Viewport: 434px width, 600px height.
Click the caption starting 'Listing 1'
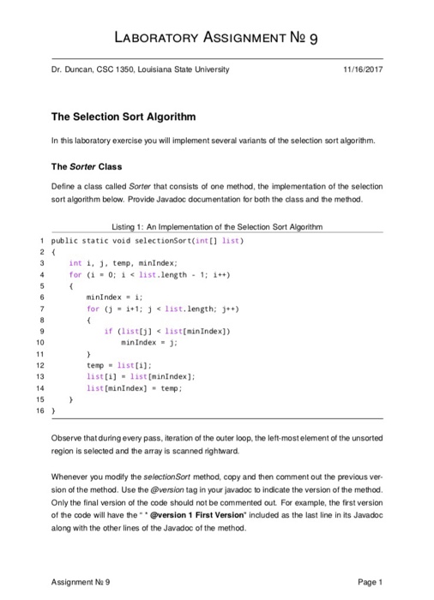(216, 225)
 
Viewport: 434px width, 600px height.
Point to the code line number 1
(42, 238)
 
